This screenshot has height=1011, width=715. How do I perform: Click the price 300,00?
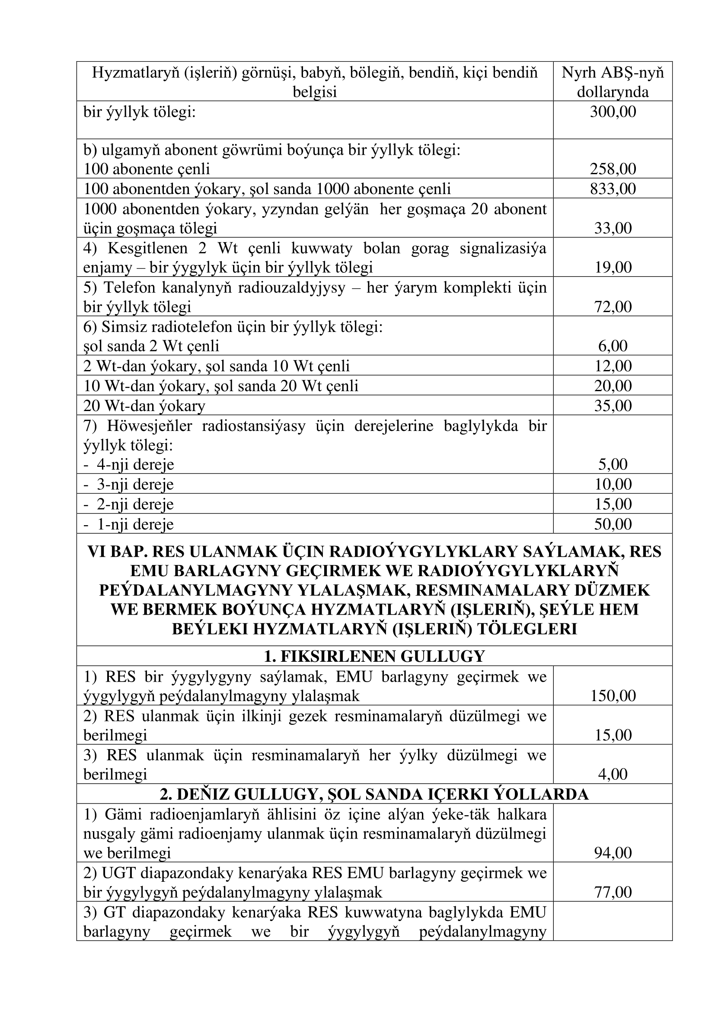pyautogui.click(x=613, y=112)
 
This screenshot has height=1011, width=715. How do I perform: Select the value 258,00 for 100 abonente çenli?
pyautogui.click(x=613, y=169)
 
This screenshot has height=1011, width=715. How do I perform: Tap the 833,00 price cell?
pyautogui.click(x=613, y=189)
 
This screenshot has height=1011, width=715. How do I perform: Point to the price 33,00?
pyautogui.click(x=613, y=228)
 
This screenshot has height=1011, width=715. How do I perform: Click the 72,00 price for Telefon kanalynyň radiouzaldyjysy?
pyautogui.click(x=613, y=306)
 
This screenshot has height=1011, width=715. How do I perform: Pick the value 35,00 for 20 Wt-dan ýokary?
pyautogui.click(x=613, y=405)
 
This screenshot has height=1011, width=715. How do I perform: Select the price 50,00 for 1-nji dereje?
pyautogui.click(x=613, y=524)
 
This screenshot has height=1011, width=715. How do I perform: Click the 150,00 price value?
pyautogui.click(x=613, y=696)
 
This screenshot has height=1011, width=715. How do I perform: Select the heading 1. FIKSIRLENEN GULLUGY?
pyautogui.click(x=374, y=656)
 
